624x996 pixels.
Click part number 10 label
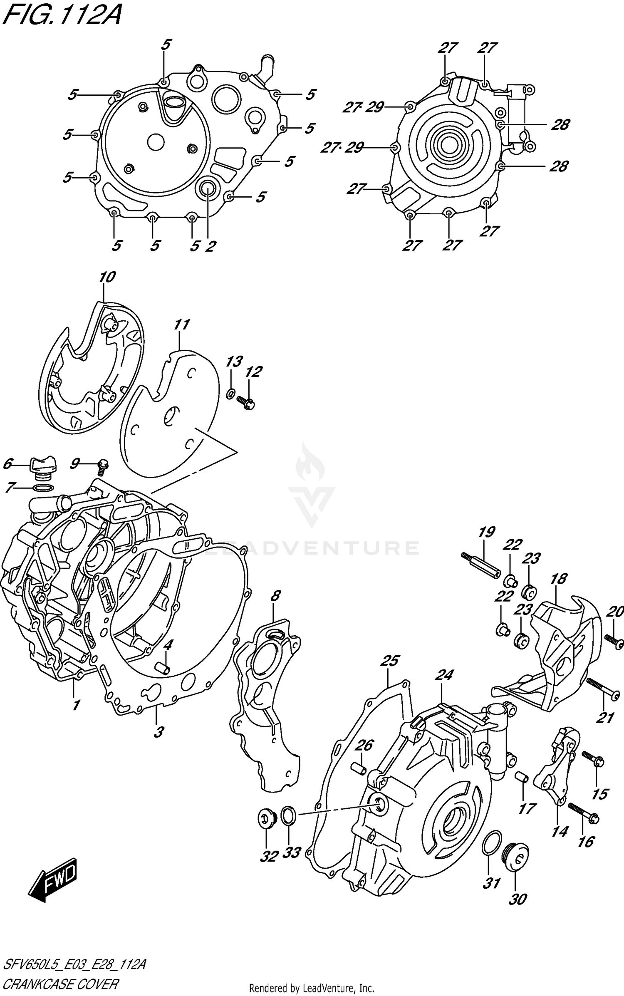pyautogui.click(x=107, y=277)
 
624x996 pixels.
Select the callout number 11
pyautogui.click(x=181, y=325)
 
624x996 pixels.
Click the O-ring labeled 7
pyautogui.click(x=42, y=487)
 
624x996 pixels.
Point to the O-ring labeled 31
pyautogui.click(x=491, y=845)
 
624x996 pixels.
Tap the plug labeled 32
pyautogui.click(x=265, y=819)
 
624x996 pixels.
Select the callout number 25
pyautogui.click(x=390, y=661)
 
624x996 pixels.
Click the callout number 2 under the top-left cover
pyautogui.click(x=210, y=246)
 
